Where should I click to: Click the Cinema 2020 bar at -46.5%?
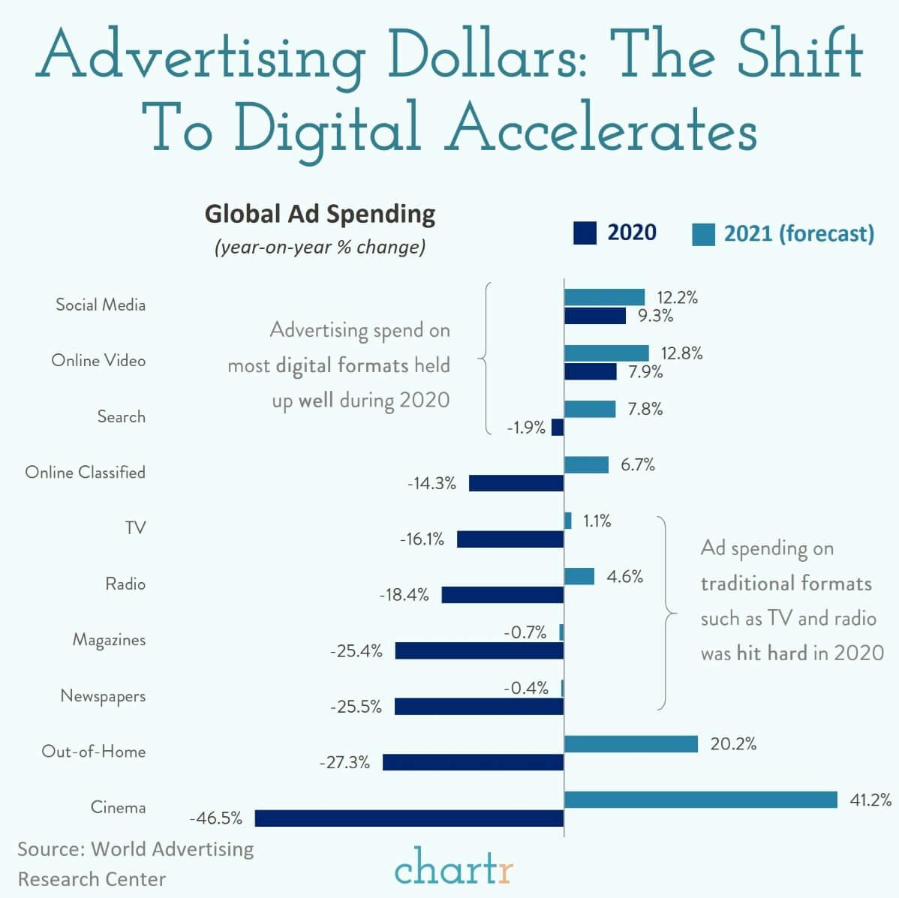(409, 818)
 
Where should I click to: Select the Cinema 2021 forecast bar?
(700, 800)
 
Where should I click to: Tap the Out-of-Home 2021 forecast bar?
(630, 743)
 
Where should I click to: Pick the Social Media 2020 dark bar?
(594, 316)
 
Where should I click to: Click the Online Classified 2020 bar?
(516, 483)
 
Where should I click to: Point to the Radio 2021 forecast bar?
(579, 576)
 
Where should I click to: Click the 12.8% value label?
(681, 353)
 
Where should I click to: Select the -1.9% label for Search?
(526, 428)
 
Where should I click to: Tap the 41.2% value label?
(870, 800)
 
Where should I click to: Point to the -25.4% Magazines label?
(356, 651)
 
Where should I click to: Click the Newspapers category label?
(103, 695)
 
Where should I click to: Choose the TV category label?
(135, 528)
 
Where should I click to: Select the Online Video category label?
(98, 360)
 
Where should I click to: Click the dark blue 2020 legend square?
(585, 233)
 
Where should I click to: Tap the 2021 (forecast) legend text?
(798, 234)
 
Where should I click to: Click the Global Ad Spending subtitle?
(320, 214)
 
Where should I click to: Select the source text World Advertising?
(172, 849)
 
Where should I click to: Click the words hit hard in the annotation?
(771, 653)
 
